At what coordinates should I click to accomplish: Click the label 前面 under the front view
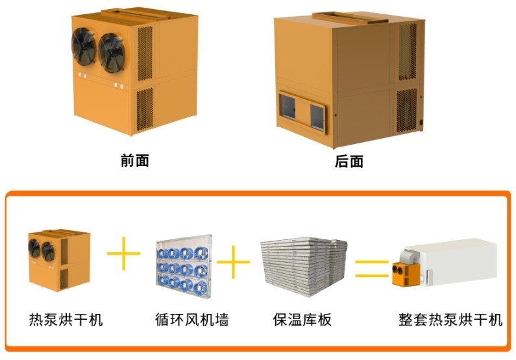[x=134, y=161]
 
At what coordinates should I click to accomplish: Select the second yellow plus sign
[x=233, y=262]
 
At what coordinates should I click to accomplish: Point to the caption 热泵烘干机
[x=66, y=320]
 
